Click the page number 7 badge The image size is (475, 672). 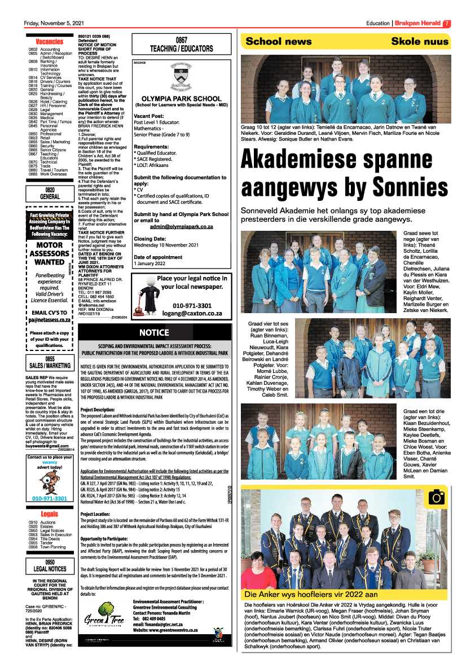coord(446,23)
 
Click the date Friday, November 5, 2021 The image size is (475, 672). coord(54,23)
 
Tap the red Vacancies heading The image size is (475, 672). coord(49,42)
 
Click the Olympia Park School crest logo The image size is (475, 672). coord(181,79)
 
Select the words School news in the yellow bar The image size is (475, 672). coord(278,41)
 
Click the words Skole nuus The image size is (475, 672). coord(420,41)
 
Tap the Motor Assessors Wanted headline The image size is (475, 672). coord(49,254)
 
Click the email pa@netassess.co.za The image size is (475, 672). coord(49,319)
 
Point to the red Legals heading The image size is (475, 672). coord(49,514)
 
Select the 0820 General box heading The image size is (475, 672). coord(49,194)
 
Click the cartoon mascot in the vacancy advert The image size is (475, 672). coord(49,482)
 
